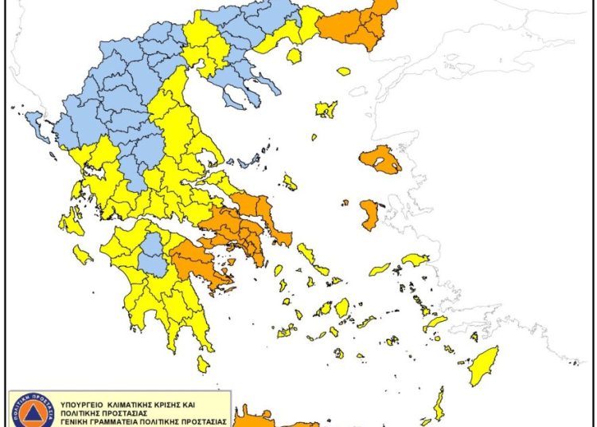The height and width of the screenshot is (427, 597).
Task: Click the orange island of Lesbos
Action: tap(380, 159)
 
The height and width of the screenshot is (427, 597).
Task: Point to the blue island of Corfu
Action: tap(36, 123)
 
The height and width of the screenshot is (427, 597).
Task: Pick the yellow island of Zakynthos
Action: tap(82, 255)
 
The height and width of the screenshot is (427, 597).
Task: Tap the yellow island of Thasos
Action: tap(294, 56)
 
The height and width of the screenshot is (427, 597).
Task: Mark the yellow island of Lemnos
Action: tap(326, 108)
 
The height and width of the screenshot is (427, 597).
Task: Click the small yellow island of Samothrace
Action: tap(343, 72)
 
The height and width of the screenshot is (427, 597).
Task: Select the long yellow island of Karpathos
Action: tap(439, 402)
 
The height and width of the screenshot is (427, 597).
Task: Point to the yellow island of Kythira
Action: tap(203, 364)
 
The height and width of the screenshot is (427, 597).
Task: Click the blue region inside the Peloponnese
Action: tap(151, 256)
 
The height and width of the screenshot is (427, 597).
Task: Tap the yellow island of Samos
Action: tap(415, 260)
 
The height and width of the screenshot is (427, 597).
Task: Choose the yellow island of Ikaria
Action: tap(380, 269)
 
